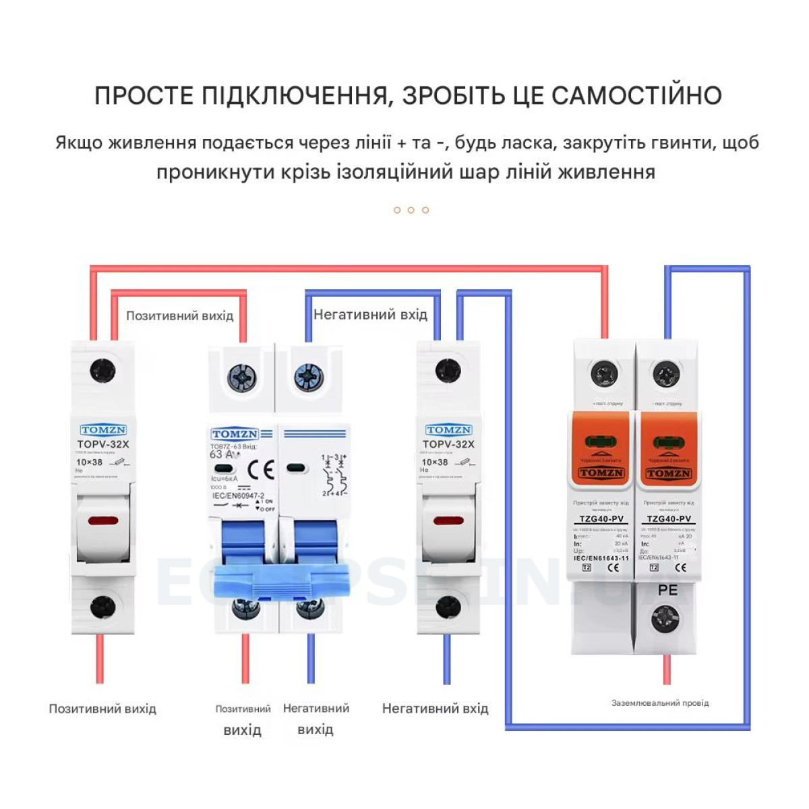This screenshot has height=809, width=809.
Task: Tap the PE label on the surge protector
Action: tap(667, 590)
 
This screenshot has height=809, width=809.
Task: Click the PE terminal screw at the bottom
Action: tap(666, 618)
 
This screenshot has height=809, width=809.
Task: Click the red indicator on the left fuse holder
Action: tap(102, 520)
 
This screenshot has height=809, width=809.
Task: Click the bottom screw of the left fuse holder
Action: tap(102, 607)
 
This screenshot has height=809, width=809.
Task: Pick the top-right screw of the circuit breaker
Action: tap(310, 378)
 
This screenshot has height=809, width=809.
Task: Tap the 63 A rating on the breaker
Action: tap(224, 454)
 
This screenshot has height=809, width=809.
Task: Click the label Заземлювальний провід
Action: tap(660, 702)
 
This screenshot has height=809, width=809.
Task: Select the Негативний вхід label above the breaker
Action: tap(370, 314)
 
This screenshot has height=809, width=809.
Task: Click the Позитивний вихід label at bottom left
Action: tap(102, 709)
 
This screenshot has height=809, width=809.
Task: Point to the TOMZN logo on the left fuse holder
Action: tap(103, 429)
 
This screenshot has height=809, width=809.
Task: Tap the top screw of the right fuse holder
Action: tap(448, 369)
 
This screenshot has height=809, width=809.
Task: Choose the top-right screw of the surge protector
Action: tap(666, 374)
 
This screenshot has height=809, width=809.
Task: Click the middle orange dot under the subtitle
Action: tap(411, 210)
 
